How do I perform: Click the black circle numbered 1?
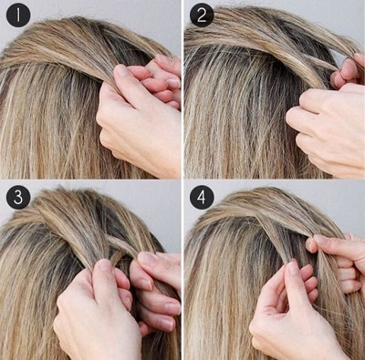(x=18, y=15)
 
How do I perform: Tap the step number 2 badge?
(x=202, y=15)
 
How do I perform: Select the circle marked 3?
(x=18, y=198)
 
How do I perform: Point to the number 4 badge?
(x=202, y=198)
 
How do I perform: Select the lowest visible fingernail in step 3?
(x=166, y=324)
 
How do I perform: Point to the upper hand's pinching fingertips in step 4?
(x=317, y=243)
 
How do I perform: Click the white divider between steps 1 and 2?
(x=182, y=89)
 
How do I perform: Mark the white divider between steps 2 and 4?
(x=275, y=180)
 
